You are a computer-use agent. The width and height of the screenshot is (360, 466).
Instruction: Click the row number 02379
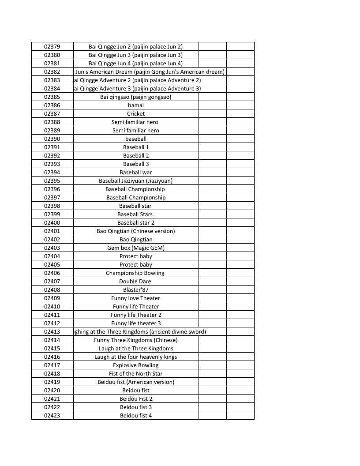(x=52, y=46)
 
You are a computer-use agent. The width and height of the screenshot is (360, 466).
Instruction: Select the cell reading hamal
(x=136, y=105)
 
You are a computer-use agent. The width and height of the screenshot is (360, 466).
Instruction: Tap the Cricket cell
(x=136, y=113)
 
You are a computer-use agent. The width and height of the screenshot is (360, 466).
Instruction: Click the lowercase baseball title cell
(x=136, y=139)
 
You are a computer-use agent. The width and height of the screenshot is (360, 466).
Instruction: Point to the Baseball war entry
(x=136, y=172)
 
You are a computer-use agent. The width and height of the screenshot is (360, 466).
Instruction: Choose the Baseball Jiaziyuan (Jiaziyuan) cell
(x=136, y=180)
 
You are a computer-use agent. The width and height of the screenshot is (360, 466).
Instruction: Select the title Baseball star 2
(x=136, y=222)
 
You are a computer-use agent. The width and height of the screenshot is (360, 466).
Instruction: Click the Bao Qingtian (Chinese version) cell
(x=136, y=231)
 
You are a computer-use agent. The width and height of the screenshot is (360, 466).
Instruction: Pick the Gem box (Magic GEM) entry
(x=136, y=248)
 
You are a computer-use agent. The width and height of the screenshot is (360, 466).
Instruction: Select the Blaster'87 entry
(x=136, y=289)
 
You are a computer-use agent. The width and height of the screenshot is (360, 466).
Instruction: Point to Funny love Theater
(x=136, y=298)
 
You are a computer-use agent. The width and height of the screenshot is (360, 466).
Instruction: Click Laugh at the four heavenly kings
(x=136, y=357)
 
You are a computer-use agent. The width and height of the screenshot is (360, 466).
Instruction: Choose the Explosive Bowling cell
(x=136, y=365)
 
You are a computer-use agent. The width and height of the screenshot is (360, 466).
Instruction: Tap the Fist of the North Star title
(x=136, y=373)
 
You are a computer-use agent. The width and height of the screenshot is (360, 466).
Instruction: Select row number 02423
(x=52, y=415)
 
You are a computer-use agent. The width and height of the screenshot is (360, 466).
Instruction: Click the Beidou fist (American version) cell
(x=136, y=382)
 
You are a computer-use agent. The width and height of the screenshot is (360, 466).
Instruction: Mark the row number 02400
(x=52, y=222)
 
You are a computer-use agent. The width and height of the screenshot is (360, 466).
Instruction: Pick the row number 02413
(x=52, y=331)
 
